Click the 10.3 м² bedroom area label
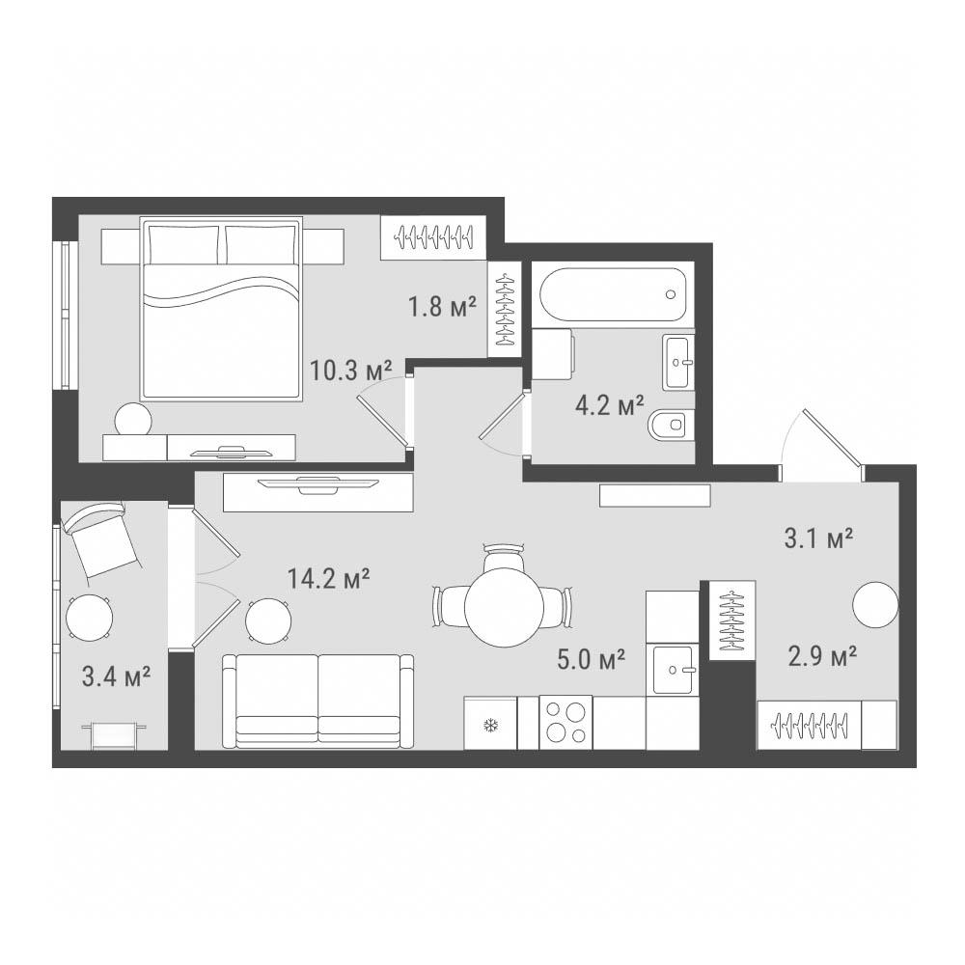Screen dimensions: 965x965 click(x=351, y=371)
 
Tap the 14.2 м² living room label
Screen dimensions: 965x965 click(x=329, y=578)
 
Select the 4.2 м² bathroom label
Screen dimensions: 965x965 click(x=610, y=405)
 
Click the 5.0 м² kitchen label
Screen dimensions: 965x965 click(x=591, y=659)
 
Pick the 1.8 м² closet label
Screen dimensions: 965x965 click(x=443, y=306)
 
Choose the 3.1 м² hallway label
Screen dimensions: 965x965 click(x=818, y=538)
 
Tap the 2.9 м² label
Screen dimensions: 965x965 click(x=823, y=656)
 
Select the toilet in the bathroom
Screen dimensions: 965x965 click(x=671, y=424)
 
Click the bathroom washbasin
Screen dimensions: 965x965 click(x=678, y=362)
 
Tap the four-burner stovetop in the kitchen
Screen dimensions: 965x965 click(x=565, y=723)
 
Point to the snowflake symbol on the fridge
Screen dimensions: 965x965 click(x=490, y=727)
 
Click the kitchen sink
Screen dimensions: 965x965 click(x=675, y=670)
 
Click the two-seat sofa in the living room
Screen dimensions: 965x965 click(x=318, y=701)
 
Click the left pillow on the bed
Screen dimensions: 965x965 click(x=184, y=244)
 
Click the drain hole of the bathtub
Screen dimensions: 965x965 click(x=671, y=294)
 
